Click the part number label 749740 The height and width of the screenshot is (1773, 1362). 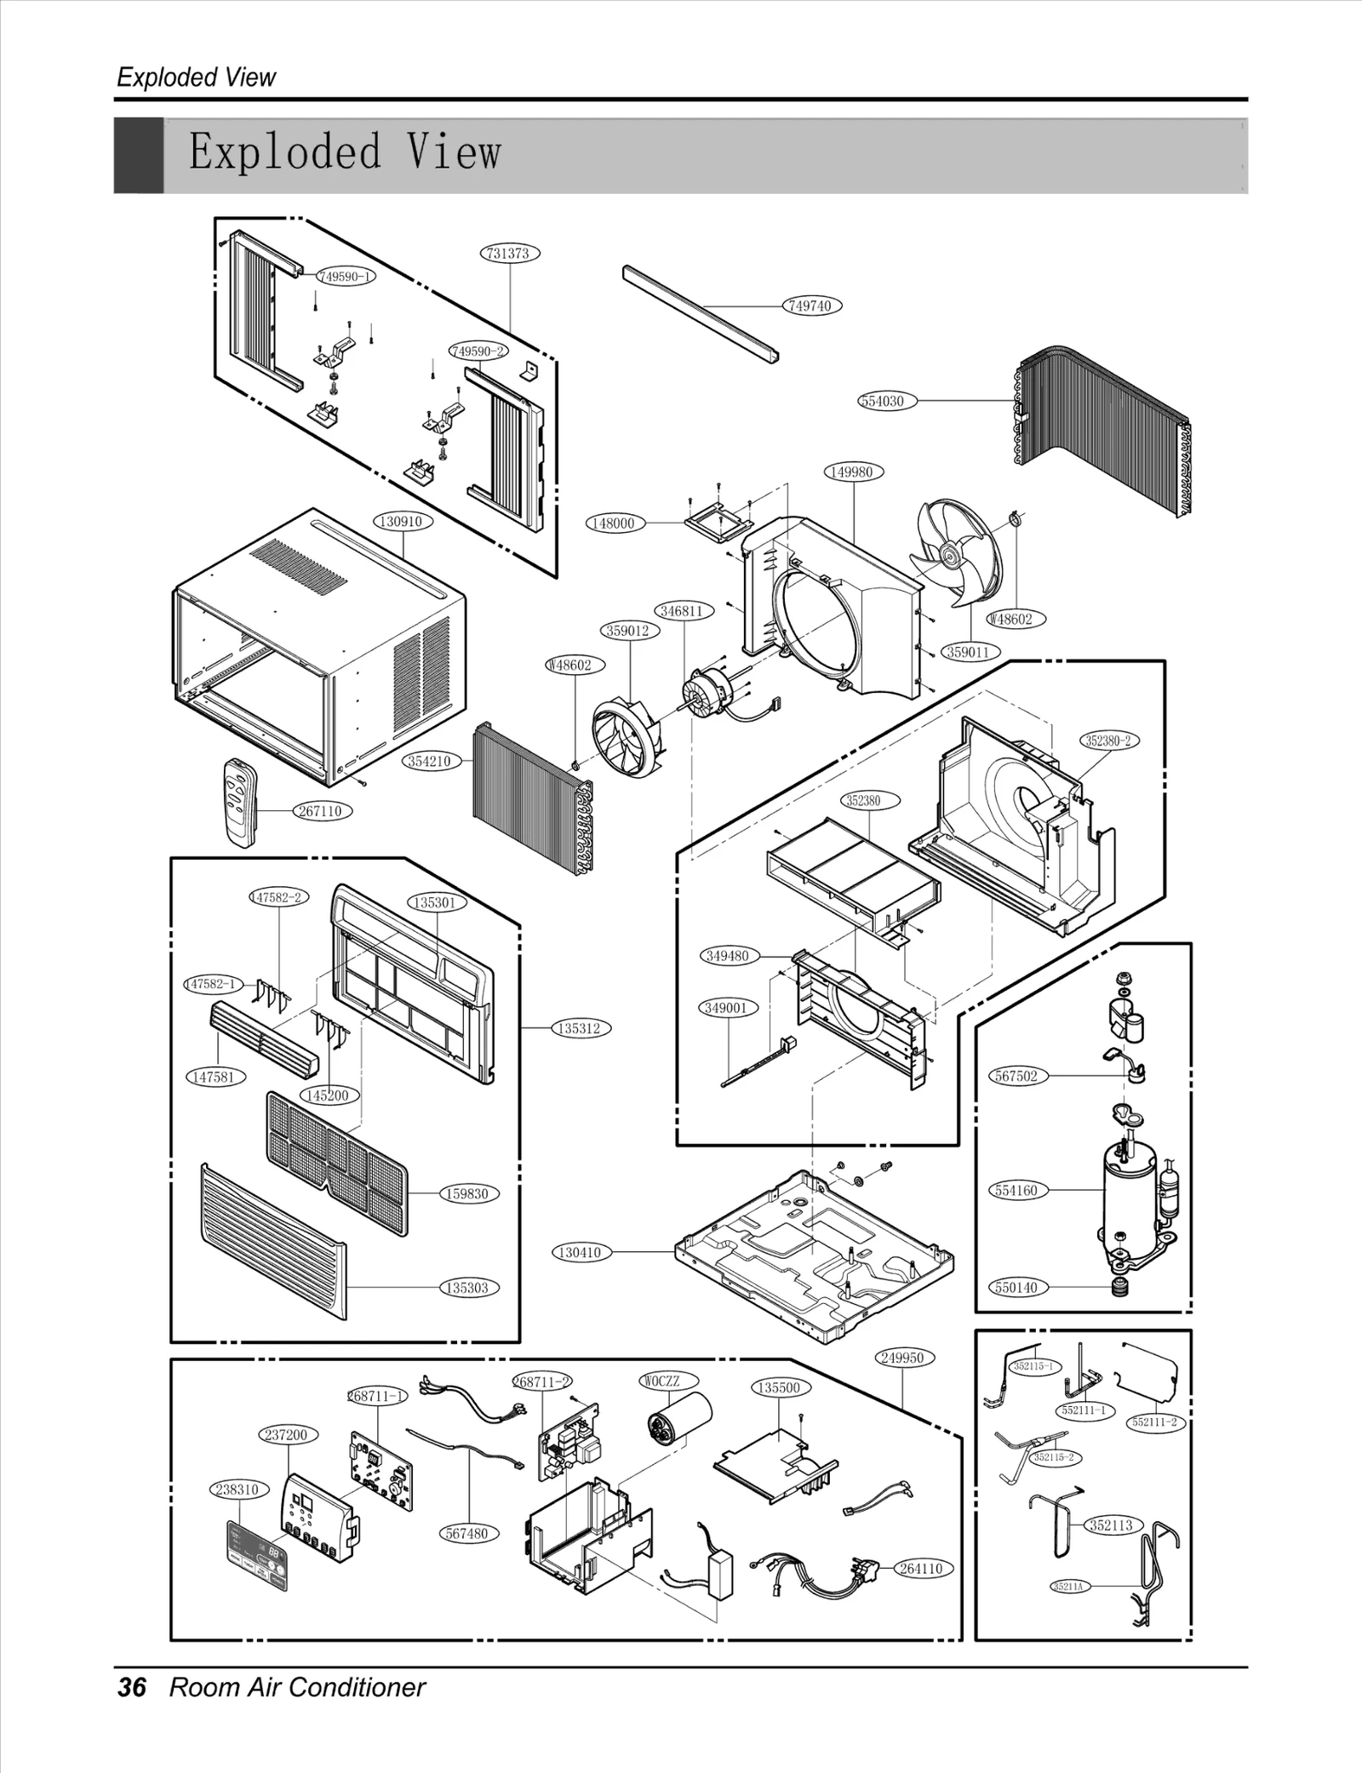(x=810, y=306)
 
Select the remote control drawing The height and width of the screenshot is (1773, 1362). (x=240, y=803)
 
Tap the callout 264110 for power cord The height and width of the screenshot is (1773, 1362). (x=923, y=1568)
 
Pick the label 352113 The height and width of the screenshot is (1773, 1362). (x=1112, y=1524)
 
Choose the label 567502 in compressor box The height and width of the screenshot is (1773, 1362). (x=1017, y=1076)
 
